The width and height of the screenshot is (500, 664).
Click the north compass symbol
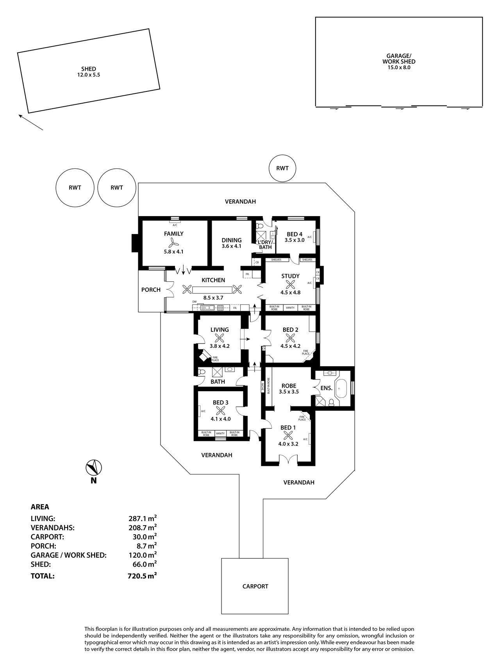click(94, 467)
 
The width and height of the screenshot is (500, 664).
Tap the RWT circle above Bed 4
click(282, 168)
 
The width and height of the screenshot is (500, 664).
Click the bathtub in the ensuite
click(342, 388)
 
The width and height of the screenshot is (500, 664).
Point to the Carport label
click(255, 586)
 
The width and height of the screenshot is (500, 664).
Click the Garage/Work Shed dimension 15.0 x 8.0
click(399, 67)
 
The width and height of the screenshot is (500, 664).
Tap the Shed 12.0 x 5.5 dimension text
click(89, 75)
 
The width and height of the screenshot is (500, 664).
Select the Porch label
click(151, 290)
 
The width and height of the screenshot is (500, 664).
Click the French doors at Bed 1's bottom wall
click(287, 459)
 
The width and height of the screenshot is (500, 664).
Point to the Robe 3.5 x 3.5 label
click(289, 388)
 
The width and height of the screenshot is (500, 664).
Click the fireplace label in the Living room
click(215, 359)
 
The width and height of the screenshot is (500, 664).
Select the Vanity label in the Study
click(290, 308)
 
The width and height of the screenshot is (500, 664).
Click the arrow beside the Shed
click(30, 122)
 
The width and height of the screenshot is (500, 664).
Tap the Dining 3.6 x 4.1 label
click(232, 243)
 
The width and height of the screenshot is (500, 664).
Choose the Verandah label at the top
click(240, 202)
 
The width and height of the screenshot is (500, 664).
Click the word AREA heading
click(40, 507)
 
